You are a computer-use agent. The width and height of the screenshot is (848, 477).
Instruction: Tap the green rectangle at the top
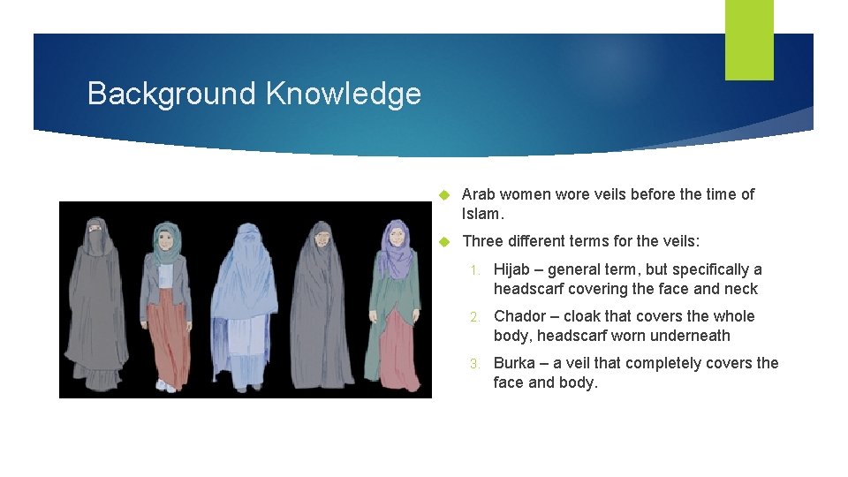pos(749,40)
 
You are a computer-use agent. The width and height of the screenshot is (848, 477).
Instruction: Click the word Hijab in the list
pos(514,269)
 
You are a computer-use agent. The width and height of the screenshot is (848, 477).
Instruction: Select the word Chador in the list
pos(520,316)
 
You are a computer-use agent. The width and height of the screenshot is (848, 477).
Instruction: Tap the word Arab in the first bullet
pos(478,193)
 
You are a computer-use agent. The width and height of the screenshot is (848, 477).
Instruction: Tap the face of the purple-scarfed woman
pos(397,237)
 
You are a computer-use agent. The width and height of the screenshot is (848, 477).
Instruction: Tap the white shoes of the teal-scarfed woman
pos(165,385)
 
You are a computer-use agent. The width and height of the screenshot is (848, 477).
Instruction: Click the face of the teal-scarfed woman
pos(163,238)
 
